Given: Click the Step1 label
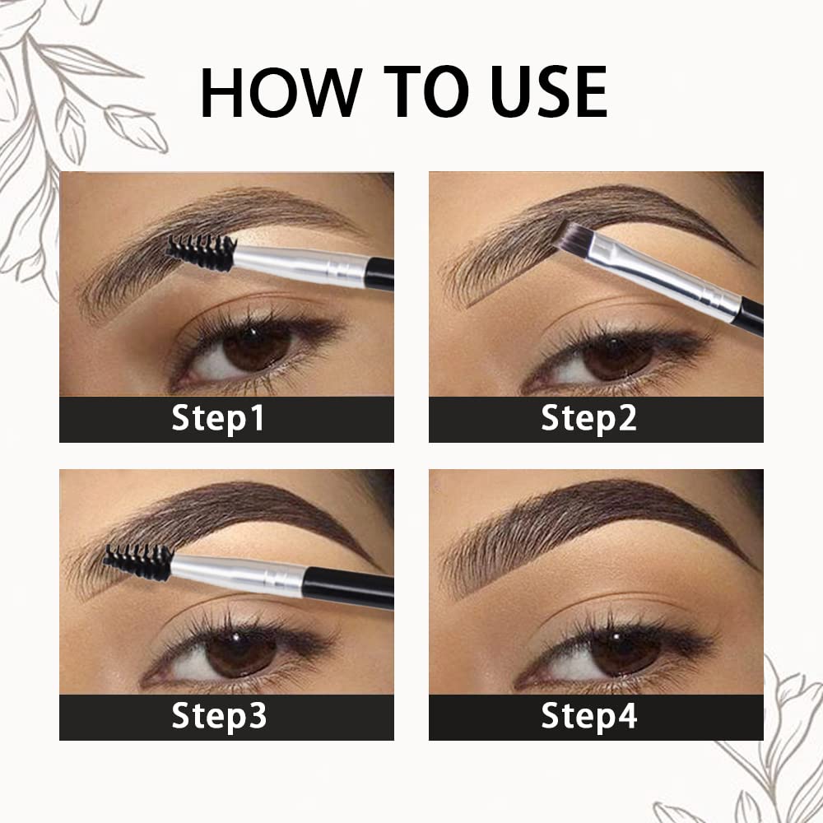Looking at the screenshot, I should pyautogui.click(x=219, y=419).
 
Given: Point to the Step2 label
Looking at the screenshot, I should pyautogui.click(x=589, y=419).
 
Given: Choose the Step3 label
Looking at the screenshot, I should pyautogui.click(x=219, y=716).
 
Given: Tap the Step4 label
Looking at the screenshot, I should pyautogui.click(x=589, y=716).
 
